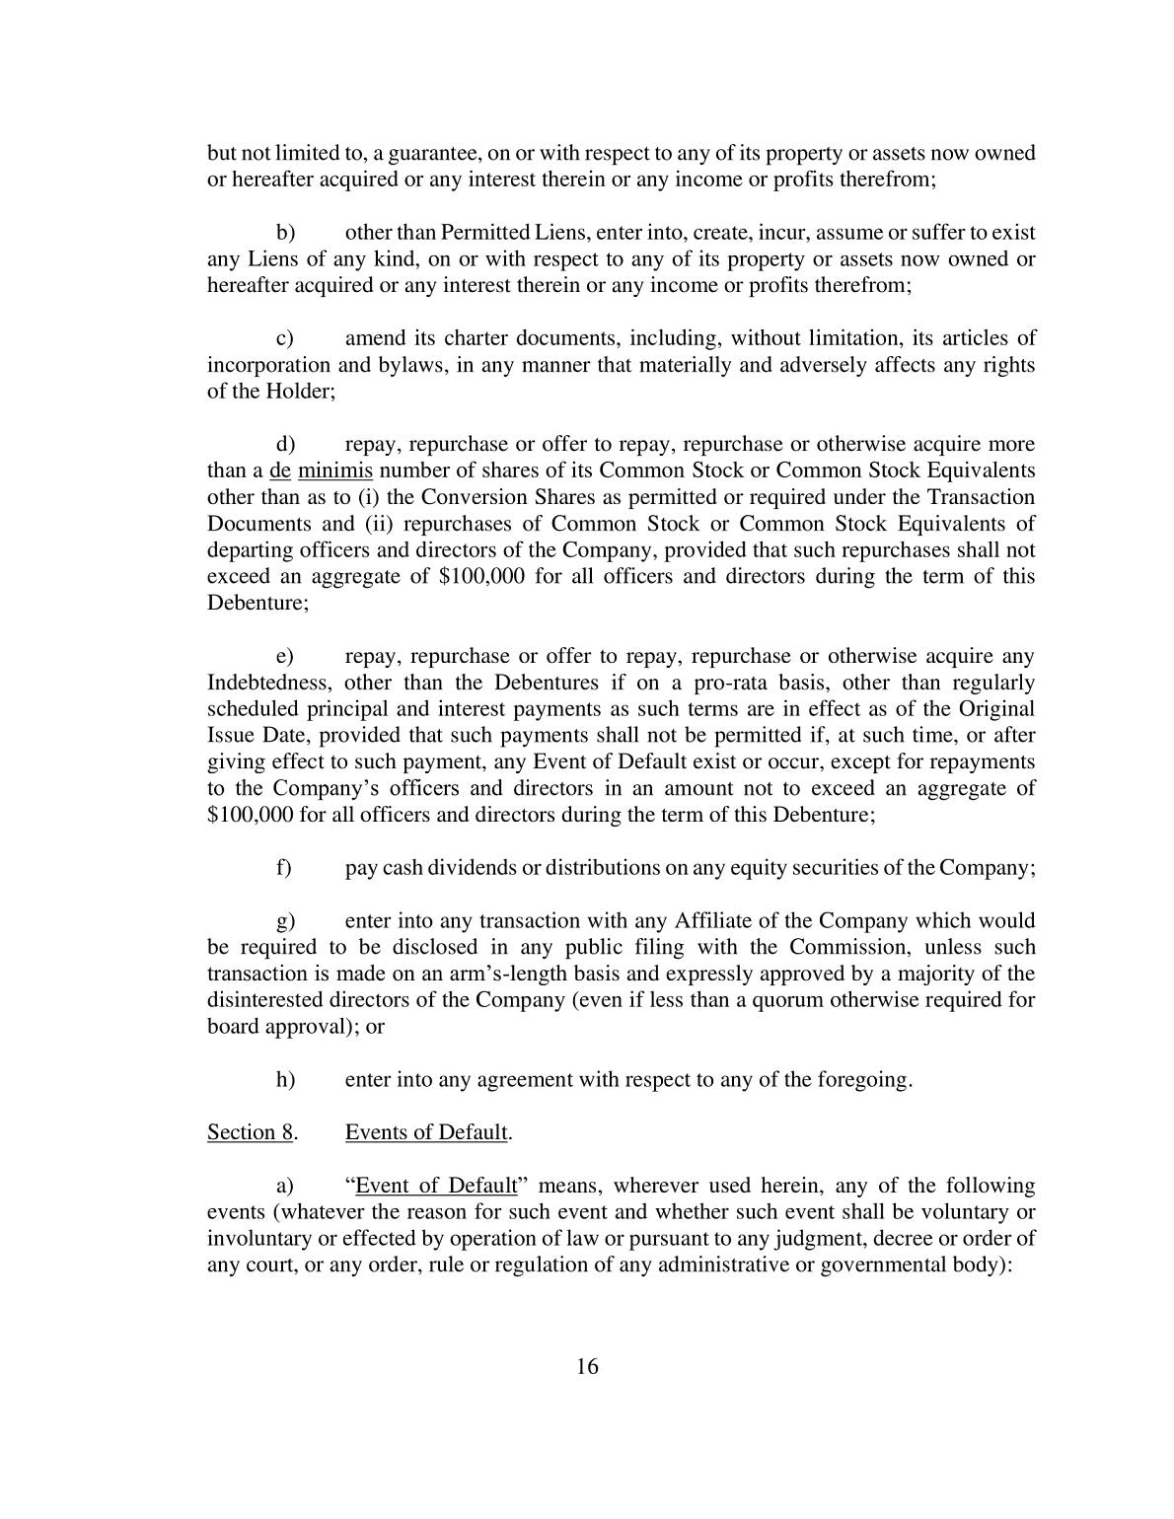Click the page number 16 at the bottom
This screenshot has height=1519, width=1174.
[x=587, y=1366]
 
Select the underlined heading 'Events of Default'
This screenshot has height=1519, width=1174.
[x=426, y=1132]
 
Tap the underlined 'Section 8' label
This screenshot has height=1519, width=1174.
[x=250, y=1132]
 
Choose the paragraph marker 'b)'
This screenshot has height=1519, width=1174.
[x=285, y=234]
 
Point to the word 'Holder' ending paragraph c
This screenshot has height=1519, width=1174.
[x=298, y=393]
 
